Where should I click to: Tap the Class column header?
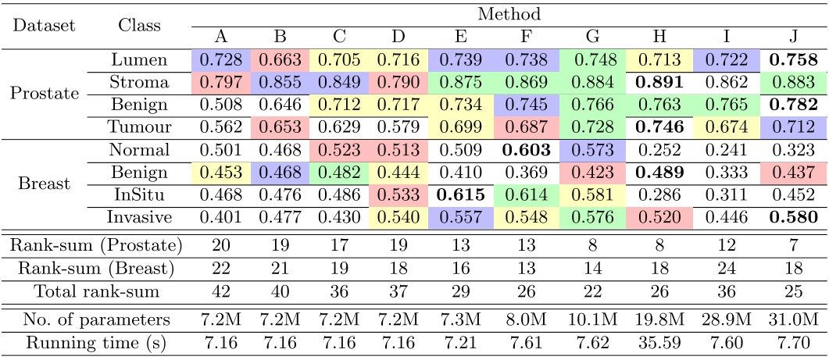(x=139, y=25)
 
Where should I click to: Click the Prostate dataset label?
(x=43, y=94)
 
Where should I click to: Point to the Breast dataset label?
(x=43, y=185)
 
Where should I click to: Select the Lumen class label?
(x=139, y=59)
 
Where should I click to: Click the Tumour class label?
(x=139, y=128)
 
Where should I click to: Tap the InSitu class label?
(x=139, y=196)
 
